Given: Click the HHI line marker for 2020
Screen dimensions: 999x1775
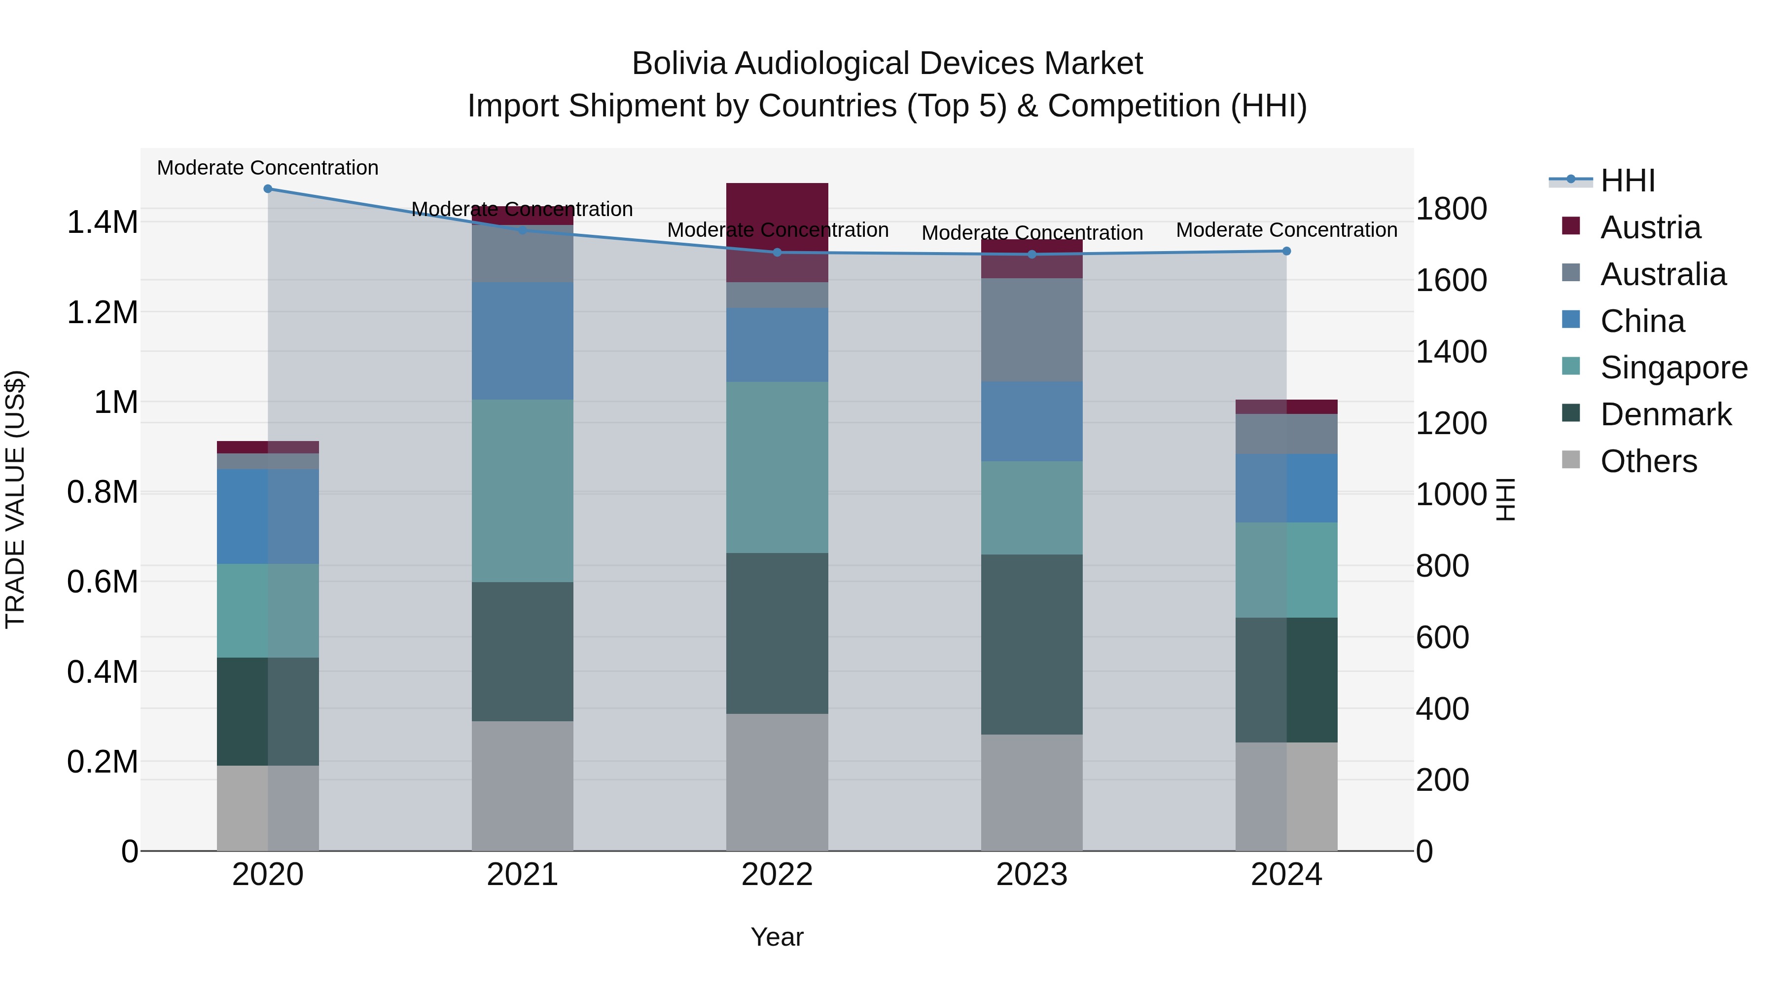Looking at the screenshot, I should coord(268,189).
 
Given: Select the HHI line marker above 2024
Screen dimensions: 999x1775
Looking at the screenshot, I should coord(1286,252).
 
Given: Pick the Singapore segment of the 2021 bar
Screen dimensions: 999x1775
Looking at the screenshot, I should coord(522,491).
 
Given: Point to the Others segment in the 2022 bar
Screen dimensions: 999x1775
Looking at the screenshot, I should coord(777,782).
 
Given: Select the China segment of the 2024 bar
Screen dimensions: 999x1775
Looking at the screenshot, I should coord(1286,488).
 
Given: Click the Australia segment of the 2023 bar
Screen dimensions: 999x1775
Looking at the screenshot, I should coord(1031,330).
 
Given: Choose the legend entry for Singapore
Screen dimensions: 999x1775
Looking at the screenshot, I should coord(1673,368).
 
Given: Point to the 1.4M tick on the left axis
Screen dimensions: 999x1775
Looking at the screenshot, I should coord(102,222).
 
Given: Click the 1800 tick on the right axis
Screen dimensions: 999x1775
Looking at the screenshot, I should coord(1451,209).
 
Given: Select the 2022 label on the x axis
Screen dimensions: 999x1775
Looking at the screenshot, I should coord(777,875).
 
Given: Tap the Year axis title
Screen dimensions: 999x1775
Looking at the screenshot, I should coord(777,937).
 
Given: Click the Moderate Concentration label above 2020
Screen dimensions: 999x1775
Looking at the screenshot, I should coord(268,168).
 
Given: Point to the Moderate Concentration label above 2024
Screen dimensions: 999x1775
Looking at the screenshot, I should coord(1286,229).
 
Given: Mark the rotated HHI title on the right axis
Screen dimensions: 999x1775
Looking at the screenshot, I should coord(1506,499).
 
